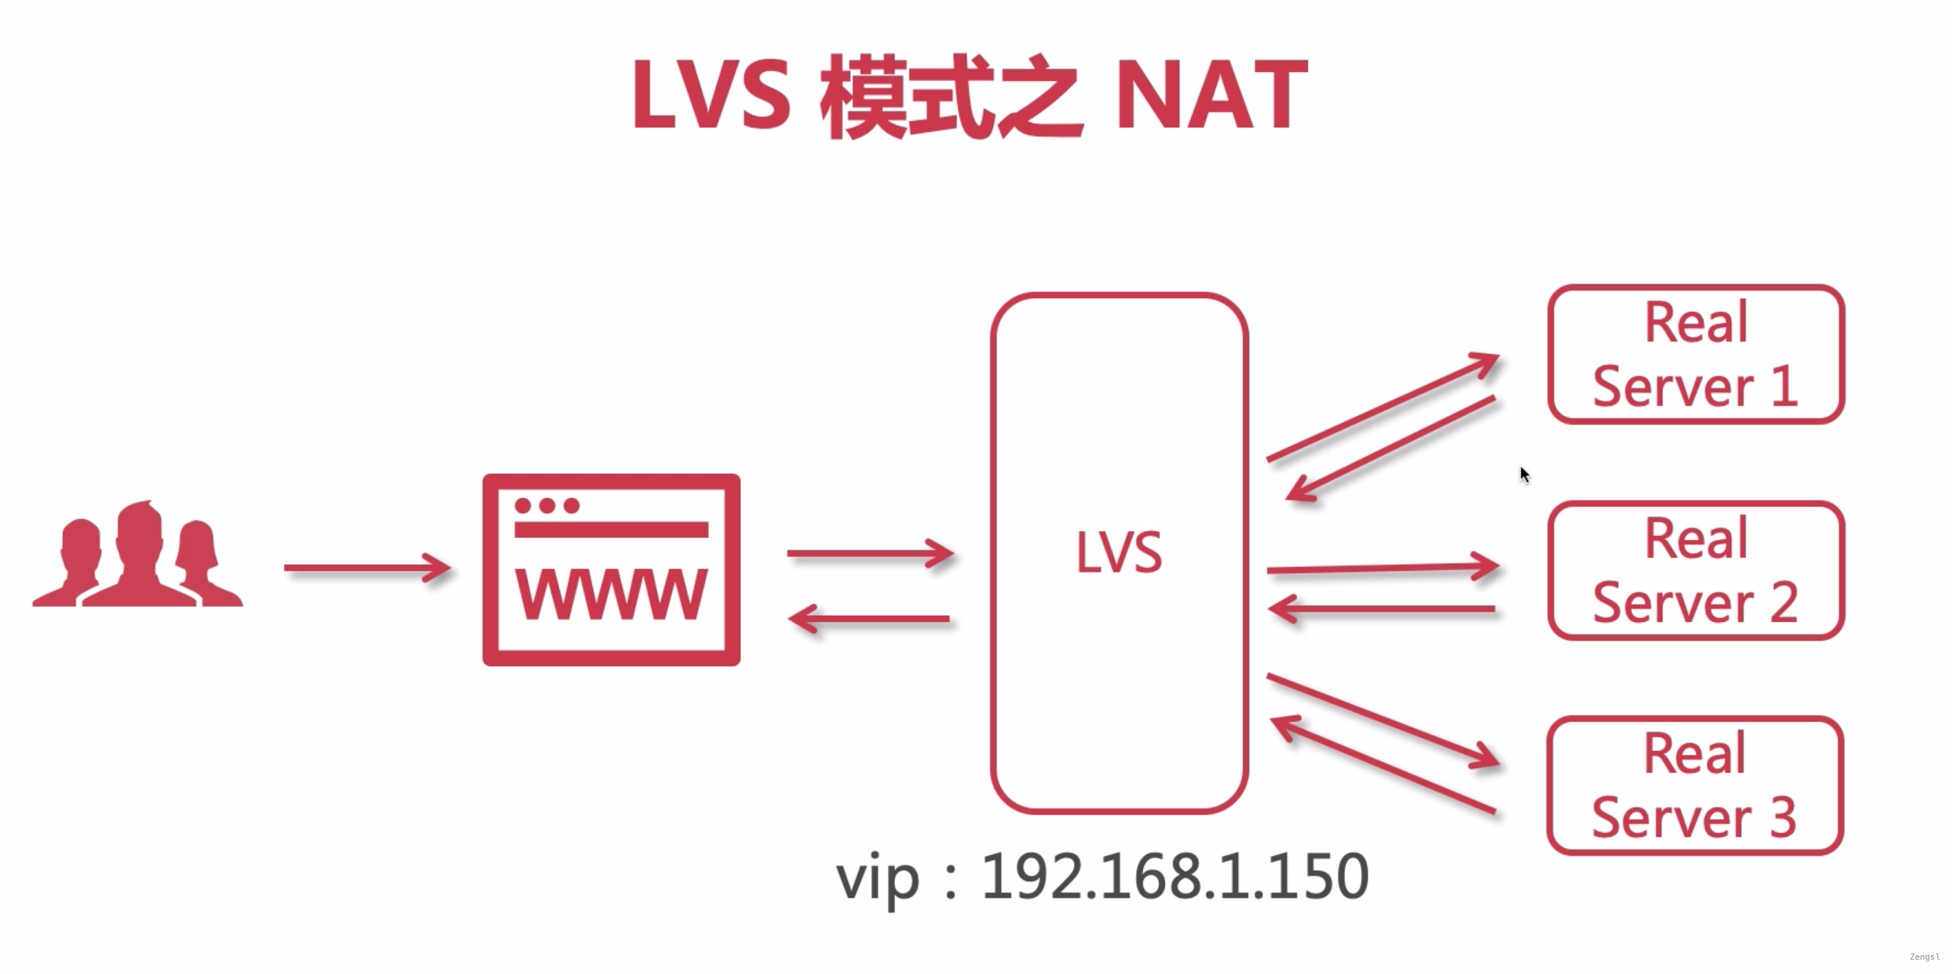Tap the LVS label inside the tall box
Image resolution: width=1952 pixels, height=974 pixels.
(1118, 552)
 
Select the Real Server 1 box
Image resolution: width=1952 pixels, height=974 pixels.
(1696, 354)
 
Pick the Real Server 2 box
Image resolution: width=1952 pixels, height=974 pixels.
(1696, 570)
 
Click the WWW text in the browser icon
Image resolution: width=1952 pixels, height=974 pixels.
(611, 595)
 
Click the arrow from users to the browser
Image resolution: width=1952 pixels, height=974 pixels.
(367, 568)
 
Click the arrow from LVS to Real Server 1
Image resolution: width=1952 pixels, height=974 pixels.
(1383, 406)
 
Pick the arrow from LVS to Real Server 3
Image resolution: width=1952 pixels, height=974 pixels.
(1383, 720)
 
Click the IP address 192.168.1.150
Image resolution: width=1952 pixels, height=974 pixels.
(1174, 877)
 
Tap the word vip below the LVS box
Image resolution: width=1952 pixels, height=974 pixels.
(877, 879)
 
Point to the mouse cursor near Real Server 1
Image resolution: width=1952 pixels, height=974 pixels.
(1524, 474)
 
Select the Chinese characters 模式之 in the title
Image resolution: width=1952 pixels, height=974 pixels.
(951, 96)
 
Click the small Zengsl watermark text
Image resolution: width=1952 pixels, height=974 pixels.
(1924, 957)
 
